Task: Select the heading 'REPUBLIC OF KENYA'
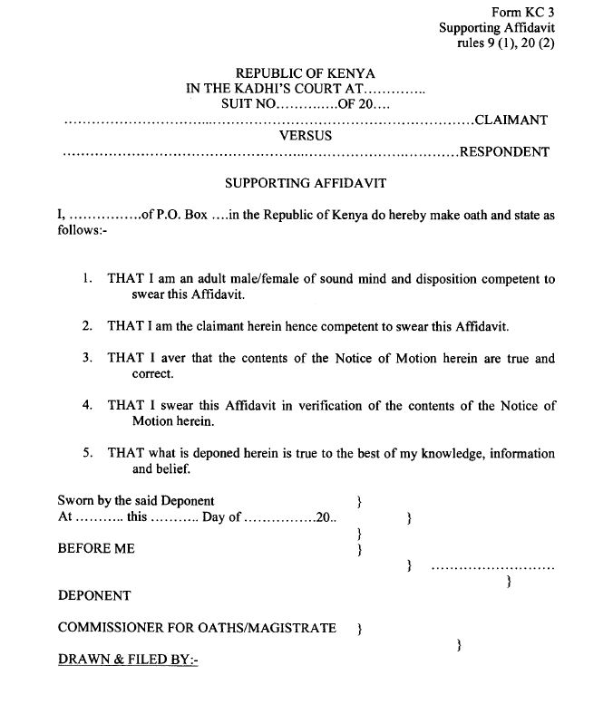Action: pyautogui.click(x=306, y=72)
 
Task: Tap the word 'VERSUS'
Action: pyautogui.click(x=306, y=136)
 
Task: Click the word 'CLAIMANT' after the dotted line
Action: pyautogui.click(x=511, y=120)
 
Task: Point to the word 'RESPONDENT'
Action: pyautogui.click(x=504, y=151)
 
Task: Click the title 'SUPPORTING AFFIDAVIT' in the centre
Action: pyautogui.click(x=306, y=183)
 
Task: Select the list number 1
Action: pyautogui.click(x=87, y=280)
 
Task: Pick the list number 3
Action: pyautogui.click(x=87, y=358)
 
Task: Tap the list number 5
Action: pyautogui.click(x=87, y=453)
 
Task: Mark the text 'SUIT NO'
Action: pyautogui.click(x=248, y=104)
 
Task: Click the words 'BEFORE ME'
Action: pyautogui.click(x=96, y=549)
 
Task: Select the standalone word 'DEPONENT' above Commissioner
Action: pyautogui.click(x=94, y=595)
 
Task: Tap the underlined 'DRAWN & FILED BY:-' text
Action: pyautogui.click(x=128, y=660)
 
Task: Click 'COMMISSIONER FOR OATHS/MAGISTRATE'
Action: pyautogui.click(x=197, y=628)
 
